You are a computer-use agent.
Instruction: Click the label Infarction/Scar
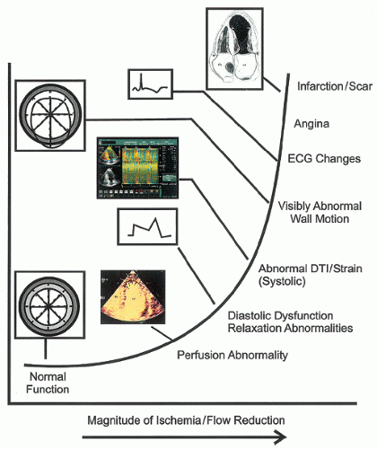[x=330, y=87]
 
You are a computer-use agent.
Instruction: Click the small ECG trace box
[x=146, y=86]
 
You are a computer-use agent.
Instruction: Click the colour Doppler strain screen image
[x=142, y=169]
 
